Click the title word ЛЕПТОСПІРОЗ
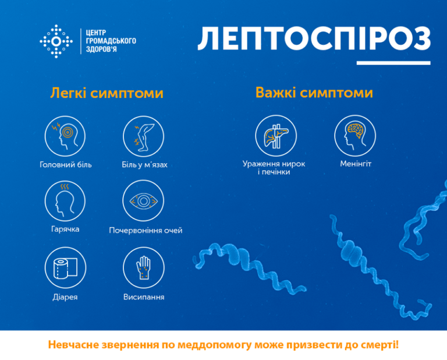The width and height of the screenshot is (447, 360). point(314,39)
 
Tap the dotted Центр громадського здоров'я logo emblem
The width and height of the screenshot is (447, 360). point(56,41)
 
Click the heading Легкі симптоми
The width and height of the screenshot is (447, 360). point(107,93)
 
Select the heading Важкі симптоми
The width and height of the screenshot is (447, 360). point(314,93)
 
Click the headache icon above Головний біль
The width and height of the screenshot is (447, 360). point(65,136)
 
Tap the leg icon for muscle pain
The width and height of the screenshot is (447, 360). point(143,136)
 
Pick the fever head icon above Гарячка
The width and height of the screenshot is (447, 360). point(65,201)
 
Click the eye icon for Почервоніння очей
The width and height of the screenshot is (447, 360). point(143,201)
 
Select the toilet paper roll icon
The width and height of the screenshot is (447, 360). point(65,267)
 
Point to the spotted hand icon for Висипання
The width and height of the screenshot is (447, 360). point(143,267)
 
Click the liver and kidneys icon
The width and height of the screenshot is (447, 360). point(276,136)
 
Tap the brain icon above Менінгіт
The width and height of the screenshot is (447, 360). point(355,136)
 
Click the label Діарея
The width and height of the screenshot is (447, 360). point(65,297)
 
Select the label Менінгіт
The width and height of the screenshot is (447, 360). point(356,164)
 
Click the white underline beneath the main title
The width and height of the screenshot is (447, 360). point(393,63)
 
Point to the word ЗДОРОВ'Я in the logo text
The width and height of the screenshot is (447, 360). point(101,49)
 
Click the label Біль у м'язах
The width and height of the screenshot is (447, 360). point(144,165)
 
